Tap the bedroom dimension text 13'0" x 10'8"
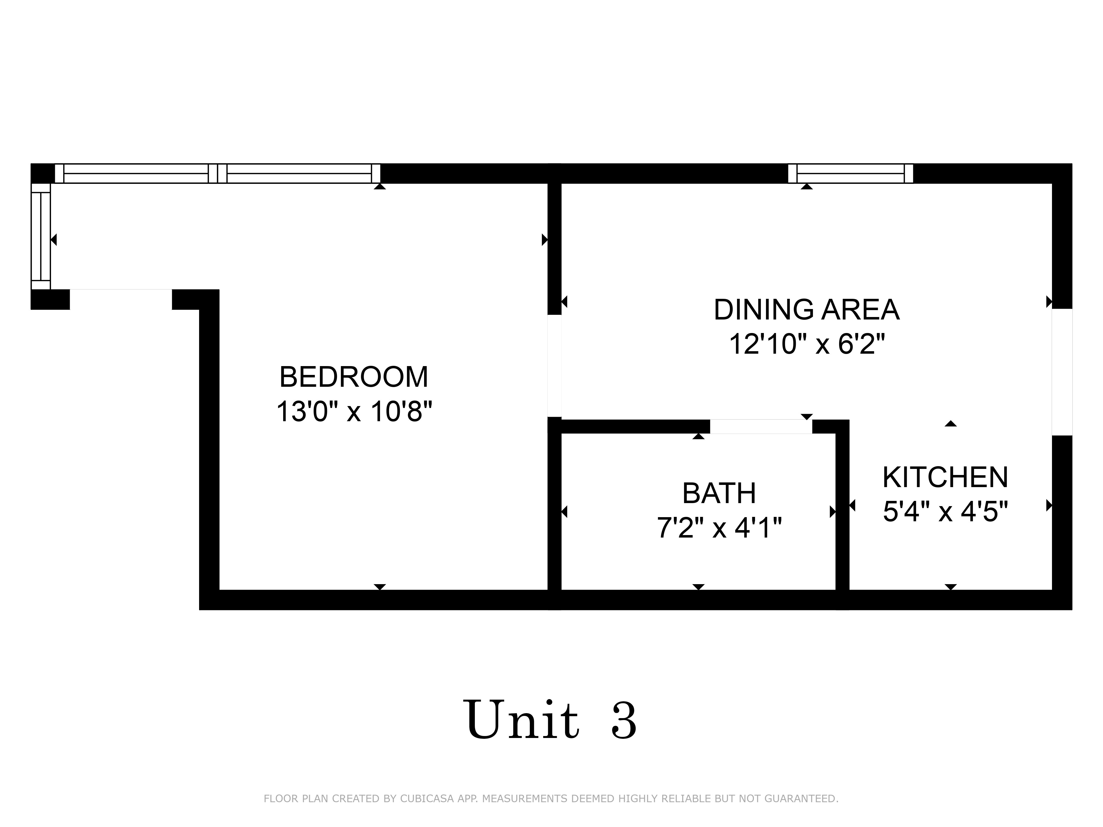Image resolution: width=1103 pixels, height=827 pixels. (x=354, y=412)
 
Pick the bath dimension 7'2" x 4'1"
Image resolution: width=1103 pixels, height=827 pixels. (x=719, y=527)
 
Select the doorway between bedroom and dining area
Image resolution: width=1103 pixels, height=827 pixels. (x=555, y=366)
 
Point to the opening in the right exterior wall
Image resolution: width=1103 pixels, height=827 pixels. (x=1062, y=372)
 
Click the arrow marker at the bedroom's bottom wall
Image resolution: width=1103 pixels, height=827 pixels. (x=380, y=587)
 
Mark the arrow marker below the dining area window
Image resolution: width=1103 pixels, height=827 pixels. (x=807, y=187)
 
